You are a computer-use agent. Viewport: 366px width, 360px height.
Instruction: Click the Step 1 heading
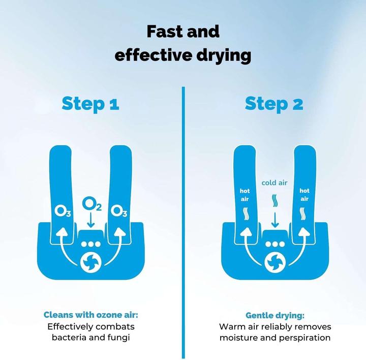tap(90, 104)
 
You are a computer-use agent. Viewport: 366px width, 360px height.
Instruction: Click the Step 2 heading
tap(274, 104)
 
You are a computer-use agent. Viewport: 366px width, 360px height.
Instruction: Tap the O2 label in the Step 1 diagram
tap(91, 204)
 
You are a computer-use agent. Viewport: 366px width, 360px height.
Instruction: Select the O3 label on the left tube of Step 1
tap(63, 211)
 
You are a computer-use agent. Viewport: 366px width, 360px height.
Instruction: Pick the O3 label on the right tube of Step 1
tap(119, 211)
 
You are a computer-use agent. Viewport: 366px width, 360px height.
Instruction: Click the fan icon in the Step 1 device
tap(91, 262)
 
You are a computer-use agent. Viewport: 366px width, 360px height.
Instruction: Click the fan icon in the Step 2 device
tap(275, 262)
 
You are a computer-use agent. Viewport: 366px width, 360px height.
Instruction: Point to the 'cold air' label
tap(274, 183)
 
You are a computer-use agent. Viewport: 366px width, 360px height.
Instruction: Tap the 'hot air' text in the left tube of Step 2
tap(245, 195)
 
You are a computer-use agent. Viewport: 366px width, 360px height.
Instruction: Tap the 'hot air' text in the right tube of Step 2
tap(304, 195)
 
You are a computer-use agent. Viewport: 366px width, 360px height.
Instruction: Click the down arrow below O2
tap(90, 220)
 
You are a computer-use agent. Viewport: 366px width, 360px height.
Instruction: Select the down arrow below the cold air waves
tap(275, 220)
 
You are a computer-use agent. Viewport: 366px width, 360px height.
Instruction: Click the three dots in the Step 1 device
tap(91, 244)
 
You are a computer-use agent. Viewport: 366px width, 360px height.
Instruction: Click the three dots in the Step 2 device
tap(275, 244)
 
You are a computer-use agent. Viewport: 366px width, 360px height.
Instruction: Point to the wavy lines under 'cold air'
tap(275, 200)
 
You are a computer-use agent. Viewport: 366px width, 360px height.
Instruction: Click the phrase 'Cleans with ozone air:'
tap(91, 315)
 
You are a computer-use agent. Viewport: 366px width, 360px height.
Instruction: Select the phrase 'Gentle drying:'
tap(275, 315)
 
